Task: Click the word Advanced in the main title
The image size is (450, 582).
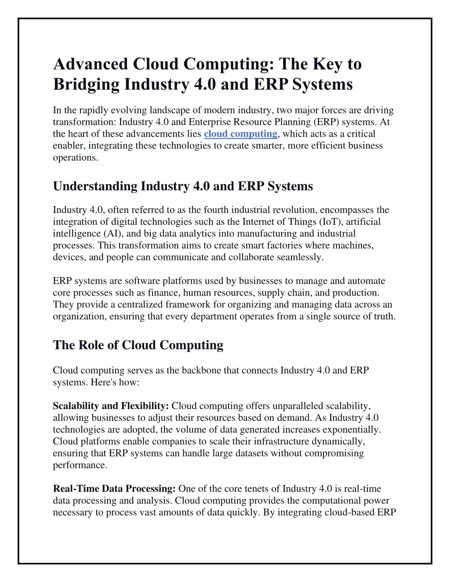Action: [91, 64]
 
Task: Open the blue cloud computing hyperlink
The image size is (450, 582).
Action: [240, 134]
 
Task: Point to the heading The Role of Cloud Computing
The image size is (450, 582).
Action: [138, 345]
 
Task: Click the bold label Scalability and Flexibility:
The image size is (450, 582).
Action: [111, 406]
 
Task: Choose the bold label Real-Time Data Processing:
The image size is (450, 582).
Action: [114, 489]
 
